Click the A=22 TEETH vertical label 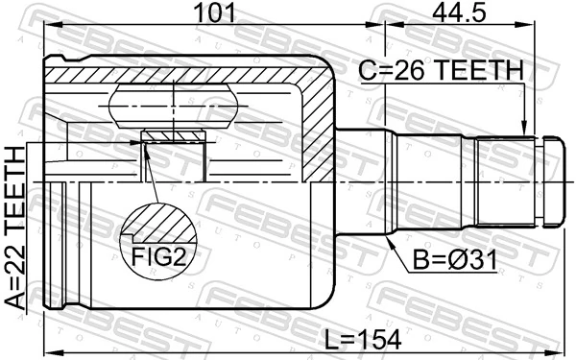coord(16,227)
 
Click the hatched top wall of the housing coord(192,73)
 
